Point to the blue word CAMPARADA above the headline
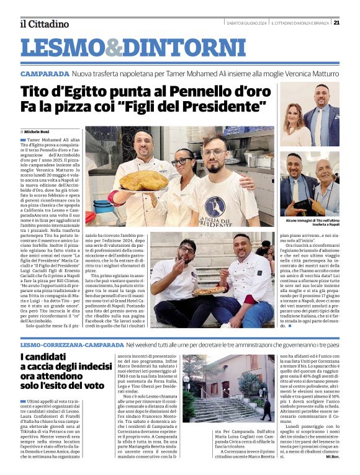[x=45, y=74]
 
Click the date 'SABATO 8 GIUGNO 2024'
[x=246, y=23]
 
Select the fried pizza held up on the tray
[x=143, y=180]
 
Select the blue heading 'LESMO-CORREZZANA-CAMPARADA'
[x=72, y=343]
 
